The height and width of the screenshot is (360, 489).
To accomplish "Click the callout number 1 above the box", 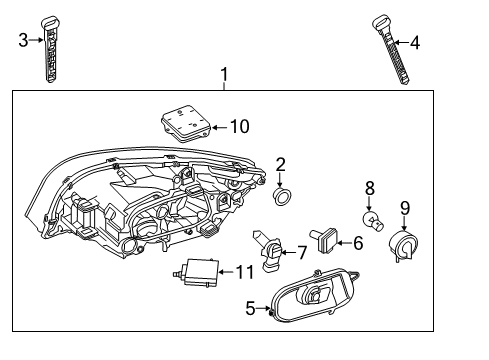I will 224,73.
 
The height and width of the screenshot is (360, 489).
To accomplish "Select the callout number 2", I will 281,164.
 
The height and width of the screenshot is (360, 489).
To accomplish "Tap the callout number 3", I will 23,40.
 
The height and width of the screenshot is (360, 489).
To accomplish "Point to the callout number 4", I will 415,43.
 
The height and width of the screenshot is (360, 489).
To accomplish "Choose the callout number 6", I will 356,241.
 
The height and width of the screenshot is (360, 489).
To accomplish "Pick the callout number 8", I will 369,186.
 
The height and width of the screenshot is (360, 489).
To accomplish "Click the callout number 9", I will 404,207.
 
